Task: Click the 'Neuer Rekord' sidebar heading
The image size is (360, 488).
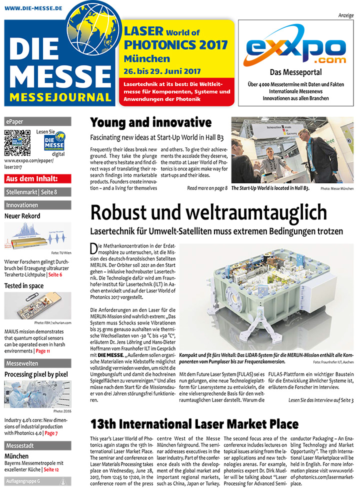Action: [x=22, y=216]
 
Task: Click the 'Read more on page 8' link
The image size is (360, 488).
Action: [x=207, y=188]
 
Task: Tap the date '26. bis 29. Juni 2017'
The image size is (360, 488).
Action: [x=162, y=71]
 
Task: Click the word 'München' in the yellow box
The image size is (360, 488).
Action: [x=147, y=58]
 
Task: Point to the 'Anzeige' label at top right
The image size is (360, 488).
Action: [x=346, y=15]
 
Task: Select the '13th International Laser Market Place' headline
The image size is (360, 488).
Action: [x=194, y=424]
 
